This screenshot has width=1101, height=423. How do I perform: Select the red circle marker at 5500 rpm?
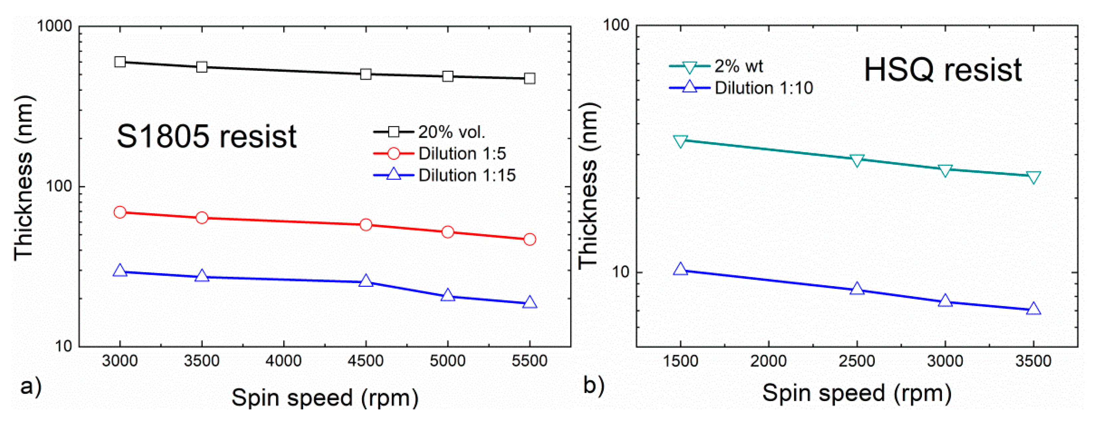[x=529, y=240]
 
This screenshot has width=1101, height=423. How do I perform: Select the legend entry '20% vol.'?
[x=451, y=132]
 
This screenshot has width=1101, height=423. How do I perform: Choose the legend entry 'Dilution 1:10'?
[x=763, y=88]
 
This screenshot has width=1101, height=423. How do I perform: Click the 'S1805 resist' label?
[x=207, y=137]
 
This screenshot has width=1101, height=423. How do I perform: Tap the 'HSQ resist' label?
[x=943, y=70]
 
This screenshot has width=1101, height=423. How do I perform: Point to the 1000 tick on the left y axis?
[x=55, y=27]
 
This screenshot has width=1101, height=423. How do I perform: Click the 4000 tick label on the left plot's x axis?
[x=284, y=361]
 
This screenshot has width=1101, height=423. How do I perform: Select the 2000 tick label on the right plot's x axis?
[x=769, y=361]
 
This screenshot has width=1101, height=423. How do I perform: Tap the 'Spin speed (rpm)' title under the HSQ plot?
[x=857, y=393]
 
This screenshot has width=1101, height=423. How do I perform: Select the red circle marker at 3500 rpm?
[x=202, y=218]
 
